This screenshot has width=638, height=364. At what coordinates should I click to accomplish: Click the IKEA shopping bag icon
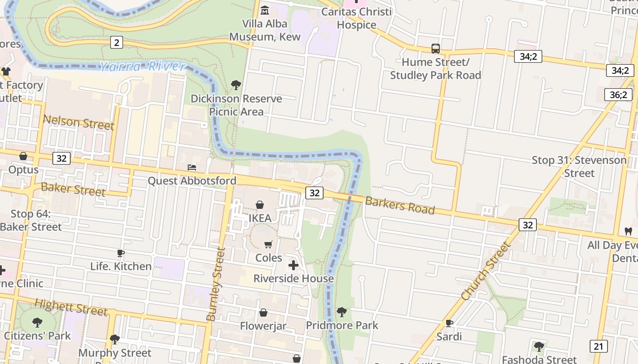[260, 205]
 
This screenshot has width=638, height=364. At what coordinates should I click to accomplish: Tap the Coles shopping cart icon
[268, 245]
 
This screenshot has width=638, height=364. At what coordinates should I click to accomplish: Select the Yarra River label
[143, 66]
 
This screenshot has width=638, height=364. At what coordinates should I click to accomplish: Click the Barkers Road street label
[400, 206]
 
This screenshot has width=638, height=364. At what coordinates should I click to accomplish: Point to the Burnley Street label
[216, 284]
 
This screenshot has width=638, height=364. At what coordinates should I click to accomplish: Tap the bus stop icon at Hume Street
[436, 48]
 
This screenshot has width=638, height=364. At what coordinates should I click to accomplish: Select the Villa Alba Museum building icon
[264, 10]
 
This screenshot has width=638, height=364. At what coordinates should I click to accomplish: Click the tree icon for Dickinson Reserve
[236, 85]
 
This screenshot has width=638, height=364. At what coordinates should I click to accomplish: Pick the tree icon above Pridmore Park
[341, 312]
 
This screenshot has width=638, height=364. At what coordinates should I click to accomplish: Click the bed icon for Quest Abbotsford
[192, 167]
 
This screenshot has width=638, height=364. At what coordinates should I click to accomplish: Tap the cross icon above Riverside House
[293, 265]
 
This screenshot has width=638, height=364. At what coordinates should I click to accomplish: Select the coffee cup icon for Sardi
[449, 323]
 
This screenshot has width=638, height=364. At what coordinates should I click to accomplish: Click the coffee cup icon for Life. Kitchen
[120, 253]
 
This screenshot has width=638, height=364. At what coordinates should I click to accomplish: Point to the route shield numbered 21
[598, 346]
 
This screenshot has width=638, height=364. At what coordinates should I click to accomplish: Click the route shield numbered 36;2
[618, 95]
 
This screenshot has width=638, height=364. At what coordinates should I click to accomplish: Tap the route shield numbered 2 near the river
[117, 43]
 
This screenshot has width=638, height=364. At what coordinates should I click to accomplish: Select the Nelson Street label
[78, 122]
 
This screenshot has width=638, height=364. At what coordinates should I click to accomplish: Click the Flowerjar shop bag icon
[263, 313]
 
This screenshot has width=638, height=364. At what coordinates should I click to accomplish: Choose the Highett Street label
[71, 307]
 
